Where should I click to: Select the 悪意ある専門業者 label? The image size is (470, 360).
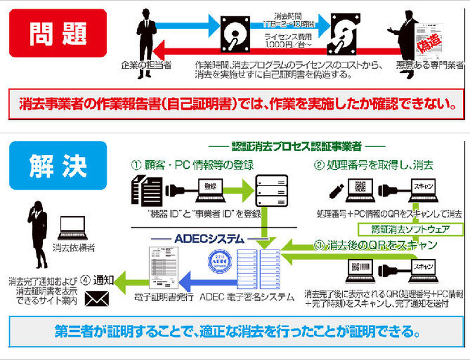[x=428, y=65]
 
